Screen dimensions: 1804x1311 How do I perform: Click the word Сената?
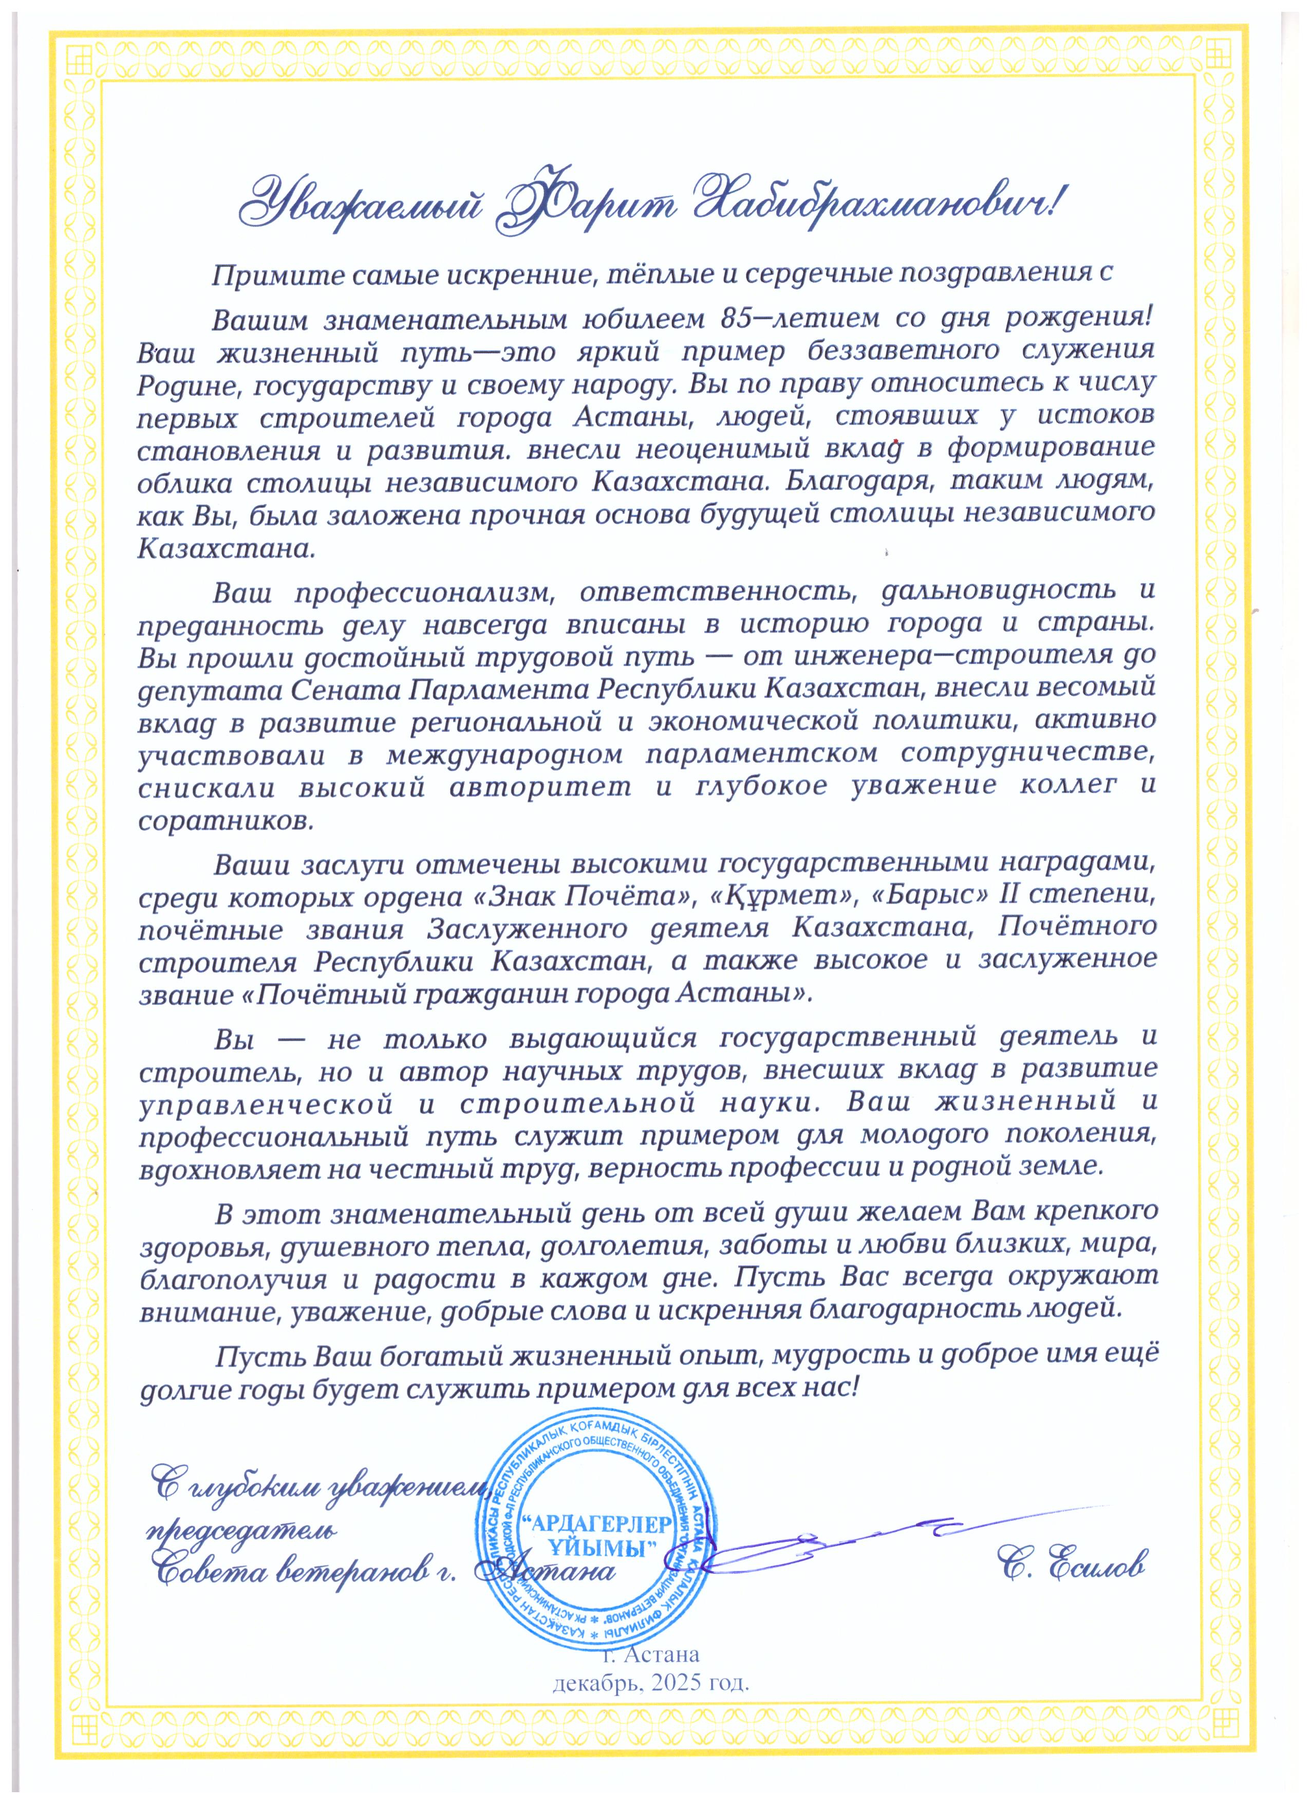coord(346,689)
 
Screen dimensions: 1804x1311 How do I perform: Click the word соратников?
coord(226,821)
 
